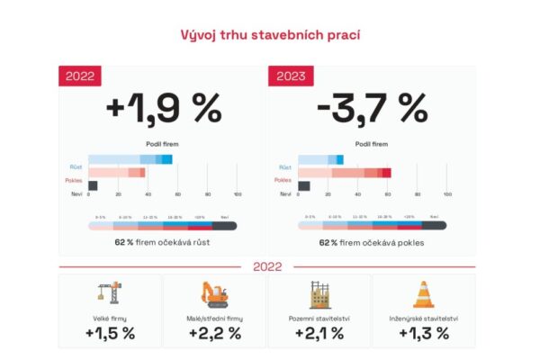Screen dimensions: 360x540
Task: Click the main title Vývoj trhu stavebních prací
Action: click(x=269, y=36)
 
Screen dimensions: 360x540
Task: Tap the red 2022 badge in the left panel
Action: click(x=81, y=76)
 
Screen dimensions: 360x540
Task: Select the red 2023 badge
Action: click(x=289, y=76)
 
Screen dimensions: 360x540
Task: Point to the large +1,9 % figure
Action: click(x=163, y=109)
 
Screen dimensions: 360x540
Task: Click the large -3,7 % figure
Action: click(x=372, y=109)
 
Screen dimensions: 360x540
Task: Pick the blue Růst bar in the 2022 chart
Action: click(x=130, y=159)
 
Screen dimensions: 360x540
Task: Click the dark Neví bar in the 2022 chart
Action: click(x=93, y=185)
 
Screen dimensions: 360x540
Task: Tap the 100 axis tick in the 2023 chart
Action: click(x=447, y=194)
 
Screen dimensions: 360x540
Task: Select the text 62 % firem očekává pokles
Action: click(x=372, y=242)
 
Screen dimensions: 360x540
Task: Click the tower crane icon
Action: click(x=110, y=294)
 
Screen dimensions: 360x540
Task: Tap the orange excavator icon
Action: click(x=215, y=294)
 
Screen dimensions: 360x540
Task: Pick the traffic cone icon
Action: click(x=424, y=294)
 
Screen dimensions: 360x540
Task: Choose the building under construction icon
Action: click(x=319, y=294)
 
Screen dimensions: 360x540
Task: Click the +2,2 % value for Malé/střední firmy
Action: click(x=215, y=333)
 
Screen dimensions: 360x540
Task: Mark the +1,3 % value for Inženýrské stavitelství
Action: click(x=424, y=333)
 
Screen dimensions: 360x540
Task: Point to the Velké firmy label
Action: click(x=110, y=317)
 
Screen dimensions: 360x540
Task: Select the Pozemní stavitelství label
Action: click(x=319, y=317)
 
